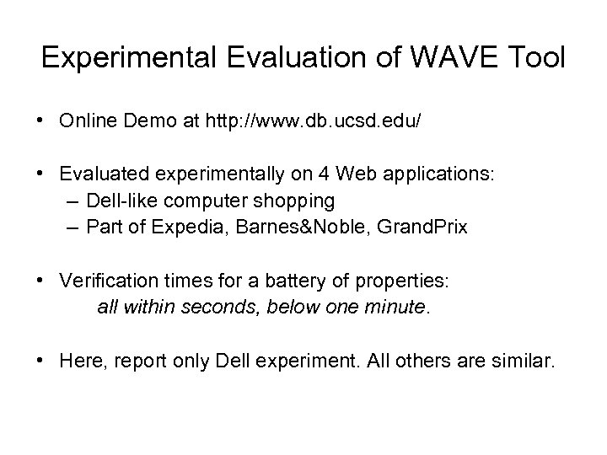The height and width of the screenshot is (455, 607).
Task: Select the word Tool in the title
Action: click(x=536, y=59)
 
